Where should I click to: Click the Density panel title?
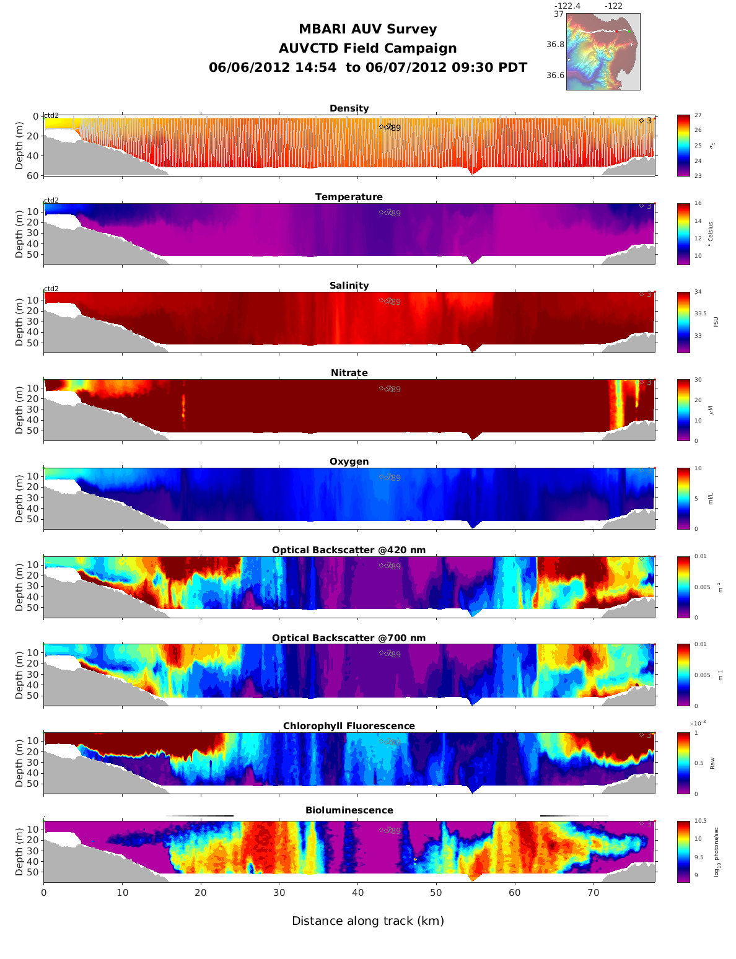(349, 108)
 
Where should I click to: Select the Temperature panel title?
(349, 197)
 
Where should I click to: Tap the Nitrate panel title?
(349, 373)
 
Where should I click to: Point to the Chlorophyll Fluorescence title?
(349, 726)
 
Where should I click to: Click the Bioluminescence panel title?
(349, 810)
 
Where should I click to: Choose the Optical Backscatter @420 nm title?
(349, 550)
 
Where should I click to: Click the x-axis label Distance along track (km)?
(368, 921)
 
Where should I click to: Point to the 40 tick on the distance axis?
(358, 893)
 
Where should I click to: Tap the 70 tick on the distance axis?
(594, 893)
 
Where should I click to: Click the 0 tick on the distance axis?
(43, 893)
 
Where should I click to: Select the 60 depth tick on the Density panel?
(33, 176)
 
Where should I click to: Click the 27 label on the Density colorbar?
(698, 116)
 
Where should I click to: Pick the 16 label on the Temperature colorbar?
(698, 204)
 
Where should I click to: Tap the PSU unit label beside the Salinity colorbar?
(716, 322)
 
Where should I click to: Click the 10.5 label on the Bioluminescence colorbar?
(700, 821)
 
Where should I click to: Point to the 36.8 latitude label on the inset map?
(555, 45)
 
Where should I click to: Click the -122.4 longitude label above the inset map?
(567, 6)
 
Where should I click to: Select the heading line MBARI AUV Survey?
(367, 29)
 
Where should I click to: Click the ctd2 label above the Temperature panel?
(51, 200)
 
